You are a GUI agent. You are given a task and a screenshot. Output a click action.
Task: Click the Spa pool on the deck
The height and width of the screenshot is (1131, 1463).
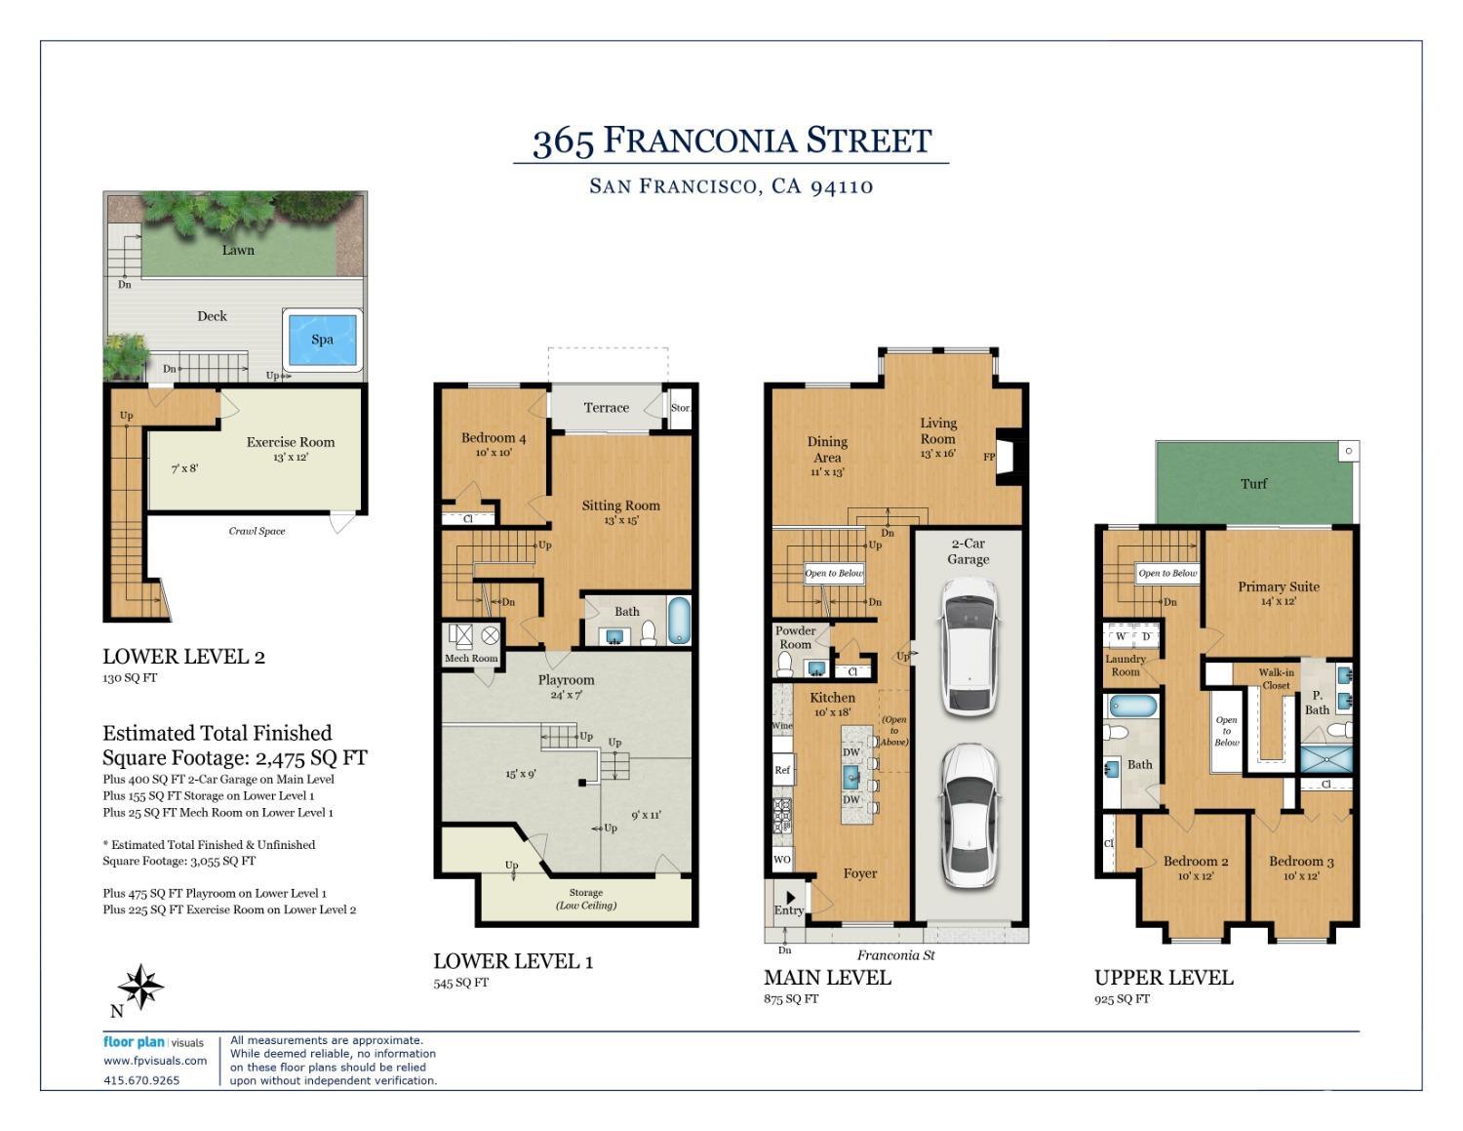tap(322, 340)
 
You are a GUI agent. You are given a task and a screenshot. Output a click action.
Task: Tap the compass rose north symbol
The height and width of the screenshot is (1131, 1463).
tap(142, 987)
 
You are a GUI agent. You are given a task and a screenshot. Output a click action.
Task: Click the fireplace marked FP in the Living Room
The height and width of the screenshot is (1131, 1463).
tap(1008, 457)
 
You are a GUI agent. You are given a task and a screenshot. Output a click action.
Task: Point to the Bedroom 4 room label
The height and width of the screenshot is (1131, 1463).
tap(494, 438)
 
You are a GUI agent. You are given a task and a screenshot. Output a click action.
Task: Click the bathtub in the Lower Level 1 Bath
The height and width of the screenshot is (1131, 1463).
tap(679, 621)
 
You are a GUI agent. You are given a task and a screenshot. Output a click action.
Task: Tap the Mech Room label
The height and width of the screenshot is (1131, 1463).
tap(471, 658)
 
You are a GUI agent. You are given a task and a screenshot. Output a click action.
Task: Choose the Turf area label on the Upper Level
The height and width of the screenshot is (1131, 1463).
tap(1253, 483)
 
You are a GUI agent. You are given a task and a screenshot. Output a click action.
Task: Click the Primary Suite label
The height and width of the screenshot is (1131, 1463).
tap(1278, 586)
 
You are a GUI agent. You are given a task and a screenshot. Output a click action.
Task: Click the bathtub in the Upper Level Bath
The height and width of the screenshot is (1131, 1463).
tap(1132, 706)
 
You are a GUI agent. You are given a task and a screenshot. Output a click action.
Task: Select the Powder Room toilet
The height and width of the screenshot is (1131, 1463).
tap(786, 664)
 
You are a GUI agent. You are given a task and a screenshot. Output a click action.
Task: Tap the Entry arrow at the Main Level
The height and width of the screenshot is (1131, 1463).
tap(791, 897)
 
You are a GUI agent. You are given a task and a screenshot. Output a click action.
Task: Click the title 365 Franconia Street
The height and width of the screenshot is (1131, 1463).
tap(731, 141)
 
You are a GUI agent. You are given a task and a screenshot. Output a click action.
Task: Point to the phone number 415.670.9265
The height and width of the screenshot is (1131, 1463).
tap(141, 1080)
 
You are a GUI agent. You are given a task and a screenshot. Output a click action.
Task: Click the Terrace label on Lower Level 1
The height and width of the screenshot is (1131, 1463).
tap(606, 408)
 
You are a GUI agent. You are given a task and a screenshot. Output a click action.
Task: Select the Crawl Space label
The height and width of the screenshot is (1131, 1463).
tap(257, 531)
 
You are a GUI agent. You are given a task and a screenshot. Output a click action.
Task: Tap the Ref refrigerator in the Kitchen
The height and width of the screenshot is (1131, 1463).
tap(782, 770)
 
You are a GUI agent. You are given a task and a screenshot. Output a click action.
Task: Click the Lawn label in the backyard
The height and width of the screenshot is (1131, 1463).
tap(237, 250)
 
